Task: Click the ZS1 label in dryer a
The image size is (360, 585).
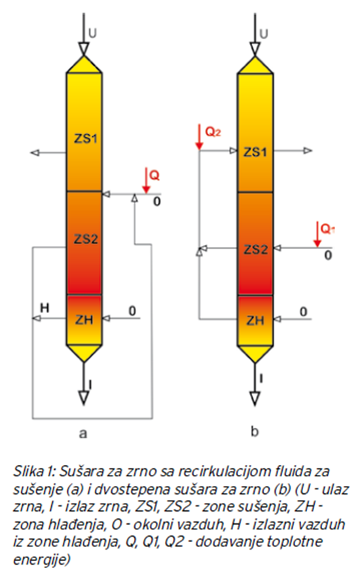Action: tap(85, 138)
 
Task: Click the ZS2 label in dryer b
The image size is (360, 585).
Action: tap(256, 249)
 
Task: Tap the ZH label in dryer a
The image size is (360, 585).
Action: tap(84, 320)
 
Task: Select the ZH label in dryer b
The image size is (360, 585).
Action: tap(255, 320)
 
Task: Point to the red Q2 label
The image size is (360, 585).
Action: tap(213, 132)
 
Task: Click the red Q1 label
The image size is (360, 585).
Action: tap(327, 229)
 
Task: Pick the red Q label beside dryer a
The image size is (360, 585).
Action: tap(154, 175)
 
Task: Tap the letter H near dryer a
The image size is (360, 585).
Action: tap(45, 308)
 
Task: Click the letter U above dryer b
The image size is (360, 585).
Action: tap(264, 34)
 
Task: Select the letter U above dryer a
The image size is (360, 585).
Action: tap(92, 33)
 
